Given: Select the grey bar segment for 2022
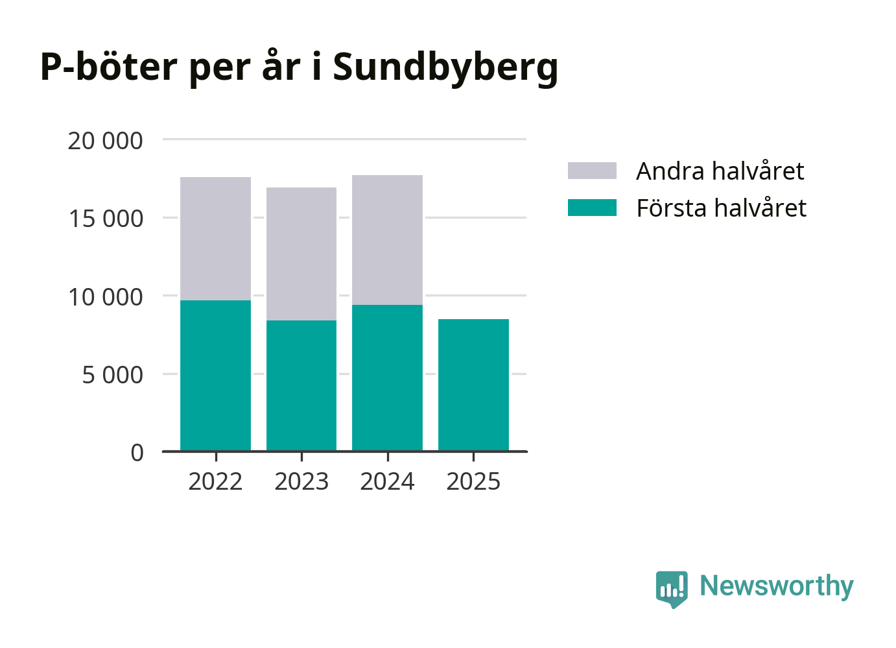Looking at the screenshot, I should pyautogui.click(x=215, y=239).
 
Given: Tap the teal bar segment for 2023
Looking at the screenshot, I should pyautogui.click(x=301, y=385).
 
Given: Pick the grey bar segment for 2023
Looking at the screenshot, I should pyautogui.click(x=301, y=254).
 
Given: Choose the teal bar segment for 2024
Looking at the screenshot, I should pyautogui.click(x=387, y=378).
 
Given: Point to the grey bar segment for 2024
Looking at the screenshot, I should pyautogui.click(x=387, y=240).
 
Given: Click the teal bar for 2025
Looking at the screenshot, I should pyautogui.click(x=473, y=385).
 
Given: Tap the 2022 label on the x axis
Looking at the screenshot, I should pyautogui.click(x=215, y=482).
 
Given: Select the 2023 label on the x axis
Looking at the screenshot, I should pyautogui.click(x=301, y=482).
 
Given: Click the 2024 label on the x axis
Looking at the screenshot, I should pyautogui.click(x=387, y=482).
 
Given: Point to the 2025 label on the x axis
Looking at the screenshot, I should pyautogui.click(x=473, y=482).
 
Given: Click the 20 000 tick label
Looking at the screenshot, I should pyautogui.click(x=105, y=141).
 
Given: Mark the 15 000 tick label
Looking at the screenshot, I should pyautogui.click(x=105, y=219).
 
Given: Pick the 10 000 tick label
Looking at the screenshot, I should pyautogui.click(x=105, y=297).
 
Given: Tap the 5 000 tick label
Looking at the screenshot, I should pyautogui.click(x=112, y=375).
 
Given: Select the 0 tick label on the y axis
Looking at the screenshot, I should pyautogui.click(x=137, y=453).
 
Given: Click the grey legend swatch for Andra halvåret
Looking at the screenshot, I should pyautogui.click(x=592, y=171).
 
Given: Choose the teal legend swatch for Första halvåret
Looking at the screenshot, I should pyautogui.click(x=592, y=208).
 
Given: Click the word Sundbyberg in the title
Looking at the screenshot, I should pyautogui.click(x=445, y=67).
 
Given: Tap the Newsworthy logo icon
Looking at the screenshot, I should pyautogui.click(x=671, y=588).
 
